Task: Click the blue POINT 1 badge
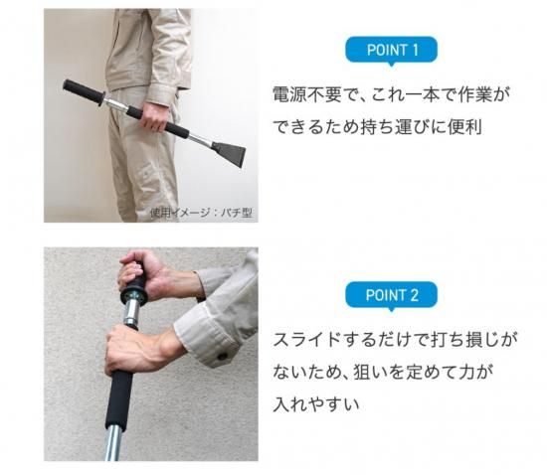point(391,50)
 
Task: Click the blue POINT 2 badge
point(391,295)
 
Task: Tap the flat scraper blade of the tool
point(227,151)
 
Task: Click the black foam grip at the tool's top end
point(83,91)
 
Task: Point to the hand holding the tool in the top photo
point(154,116)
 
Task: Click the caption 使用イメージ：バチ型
point(201,213)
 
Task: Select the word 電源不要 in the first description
point(306,94)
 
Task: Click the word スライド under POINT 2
point(306,340)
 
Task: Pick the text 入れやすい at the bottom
point(316,404)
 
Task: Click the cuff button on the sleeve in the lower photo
point(222,356)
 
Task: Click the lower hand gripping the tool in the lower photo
point(139,350)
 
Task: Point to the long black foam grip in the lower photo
point(119,398)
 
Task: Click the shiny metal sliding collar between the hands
point(132,312)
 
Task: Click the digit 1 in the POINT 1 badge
point(415,51)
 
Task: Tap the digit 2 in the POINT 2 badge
point(414,295)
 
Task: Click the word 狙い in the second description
point(371,373)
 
